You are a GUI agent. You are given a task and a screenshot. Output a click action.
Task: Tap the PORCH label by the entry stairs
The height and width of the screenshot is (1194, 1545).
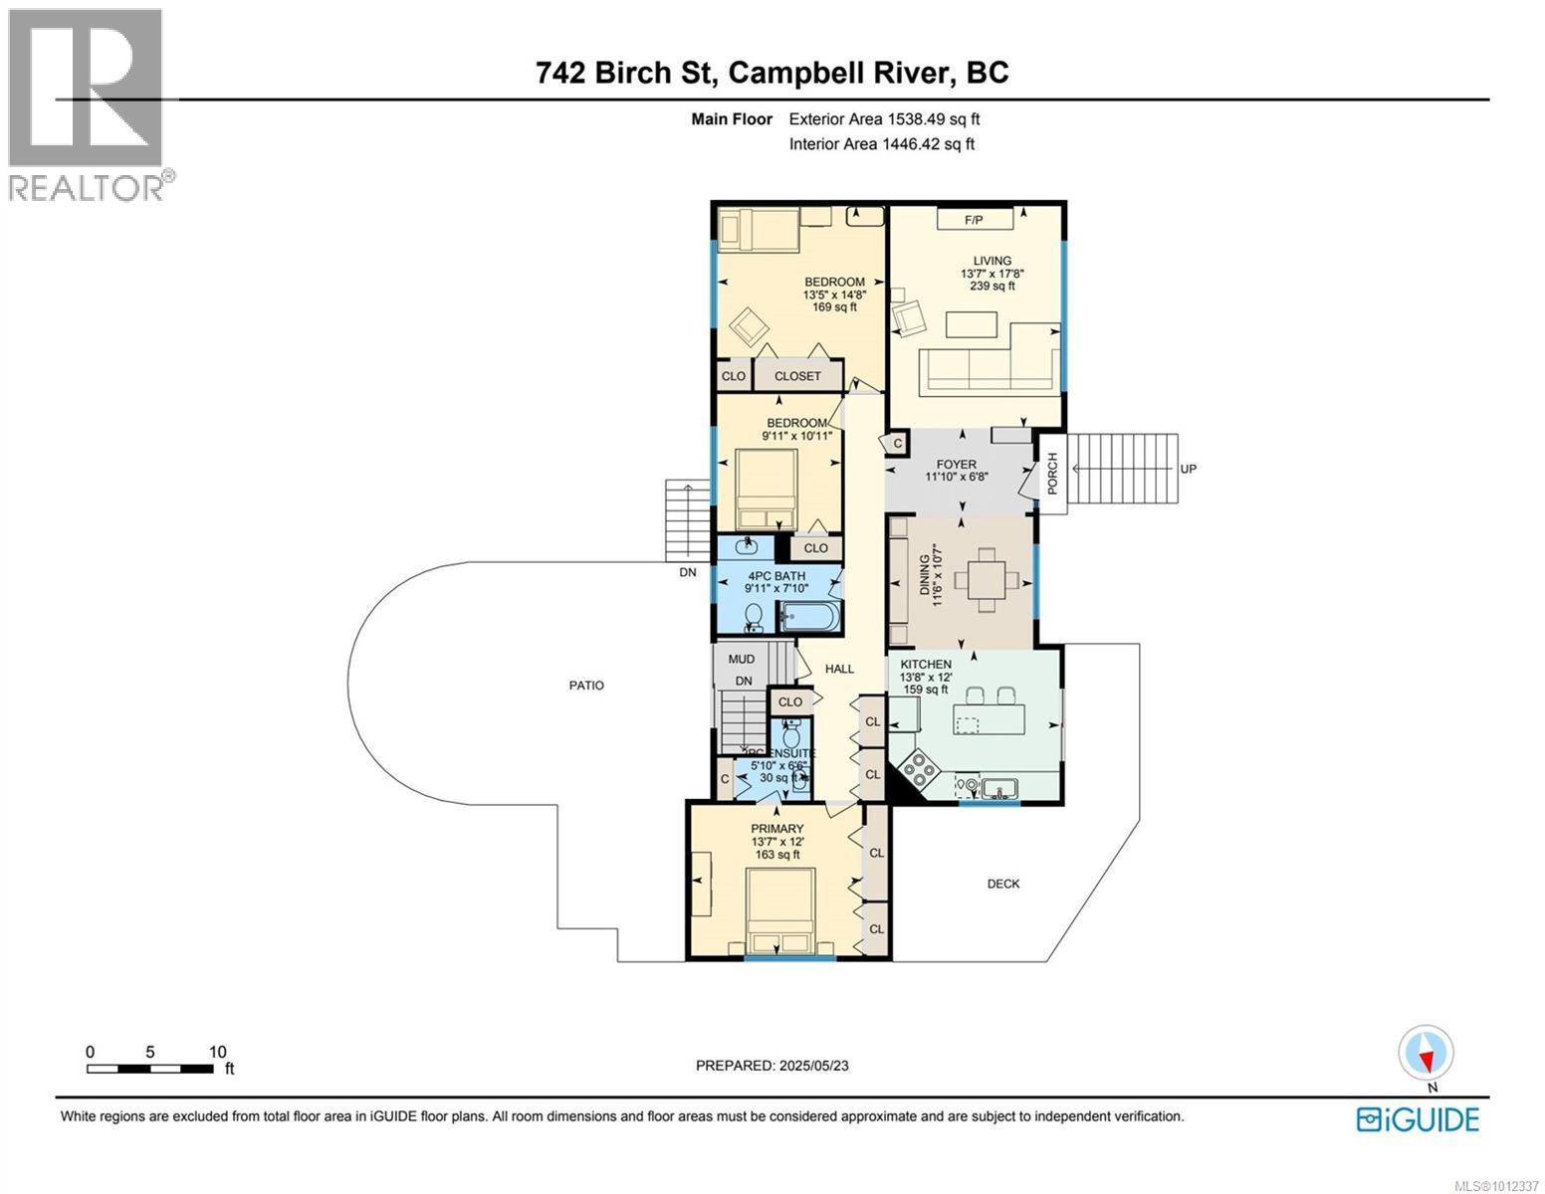[x=1052, y=473]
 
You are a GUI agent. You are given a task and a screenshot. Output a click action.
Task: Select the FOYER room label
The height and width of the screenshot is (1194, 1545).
[x=956, y=465]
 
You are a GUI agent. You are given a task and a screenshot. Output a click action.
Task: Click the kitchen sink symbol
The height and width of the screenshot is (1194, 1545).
[x=997, y=789]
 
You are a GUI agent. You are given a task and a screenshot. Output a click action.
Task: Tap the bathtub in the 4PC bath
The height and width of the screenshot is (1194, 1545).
[x=808, y=617]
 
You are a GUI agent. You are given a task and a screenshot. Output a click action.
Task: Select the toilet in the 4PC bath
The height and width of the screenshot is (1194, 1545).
[x=755, y=617]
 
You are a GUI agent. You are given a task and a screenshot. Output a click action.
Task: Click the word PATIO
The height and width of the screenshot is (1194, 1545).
[x=586, y=685]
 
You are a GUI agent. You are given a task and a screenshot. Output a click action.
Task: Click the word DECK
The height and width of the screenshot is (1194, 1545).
[x=1002, y=884]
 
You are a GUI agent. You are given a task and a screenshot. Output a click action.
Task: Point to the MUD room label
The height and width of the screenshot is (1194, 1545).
[x=741, y=659]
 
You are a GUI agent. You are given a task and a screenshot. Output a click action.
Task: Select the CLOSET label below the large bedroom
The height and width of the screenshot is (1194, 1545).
[x=797, y=376]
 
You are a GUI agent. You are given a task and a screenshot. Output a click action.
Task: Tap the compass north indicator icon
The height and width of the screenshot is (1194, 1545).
[x=1426, y=1053]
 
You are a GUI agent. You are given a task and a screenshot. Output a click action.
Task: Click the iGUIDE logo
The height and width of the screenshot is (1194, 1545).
[x=1418, y=1118]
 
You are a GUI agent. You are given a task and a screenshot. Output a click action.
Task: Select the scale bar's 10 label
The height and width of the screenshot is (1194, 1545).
[x=217, y=1052]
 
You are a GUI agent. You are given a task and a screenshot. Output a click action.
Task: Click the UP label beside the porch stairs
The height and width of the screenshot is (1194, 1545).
[x=1188, y=469]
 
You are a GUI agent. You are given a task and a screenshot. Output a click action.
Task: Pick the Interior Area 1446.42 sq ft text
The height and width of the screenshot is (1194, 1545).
[x=881, y=144]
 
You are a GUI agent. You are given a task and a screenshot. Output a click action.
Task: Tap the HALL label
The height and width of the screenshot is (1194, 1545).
[x=839, y=669]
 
